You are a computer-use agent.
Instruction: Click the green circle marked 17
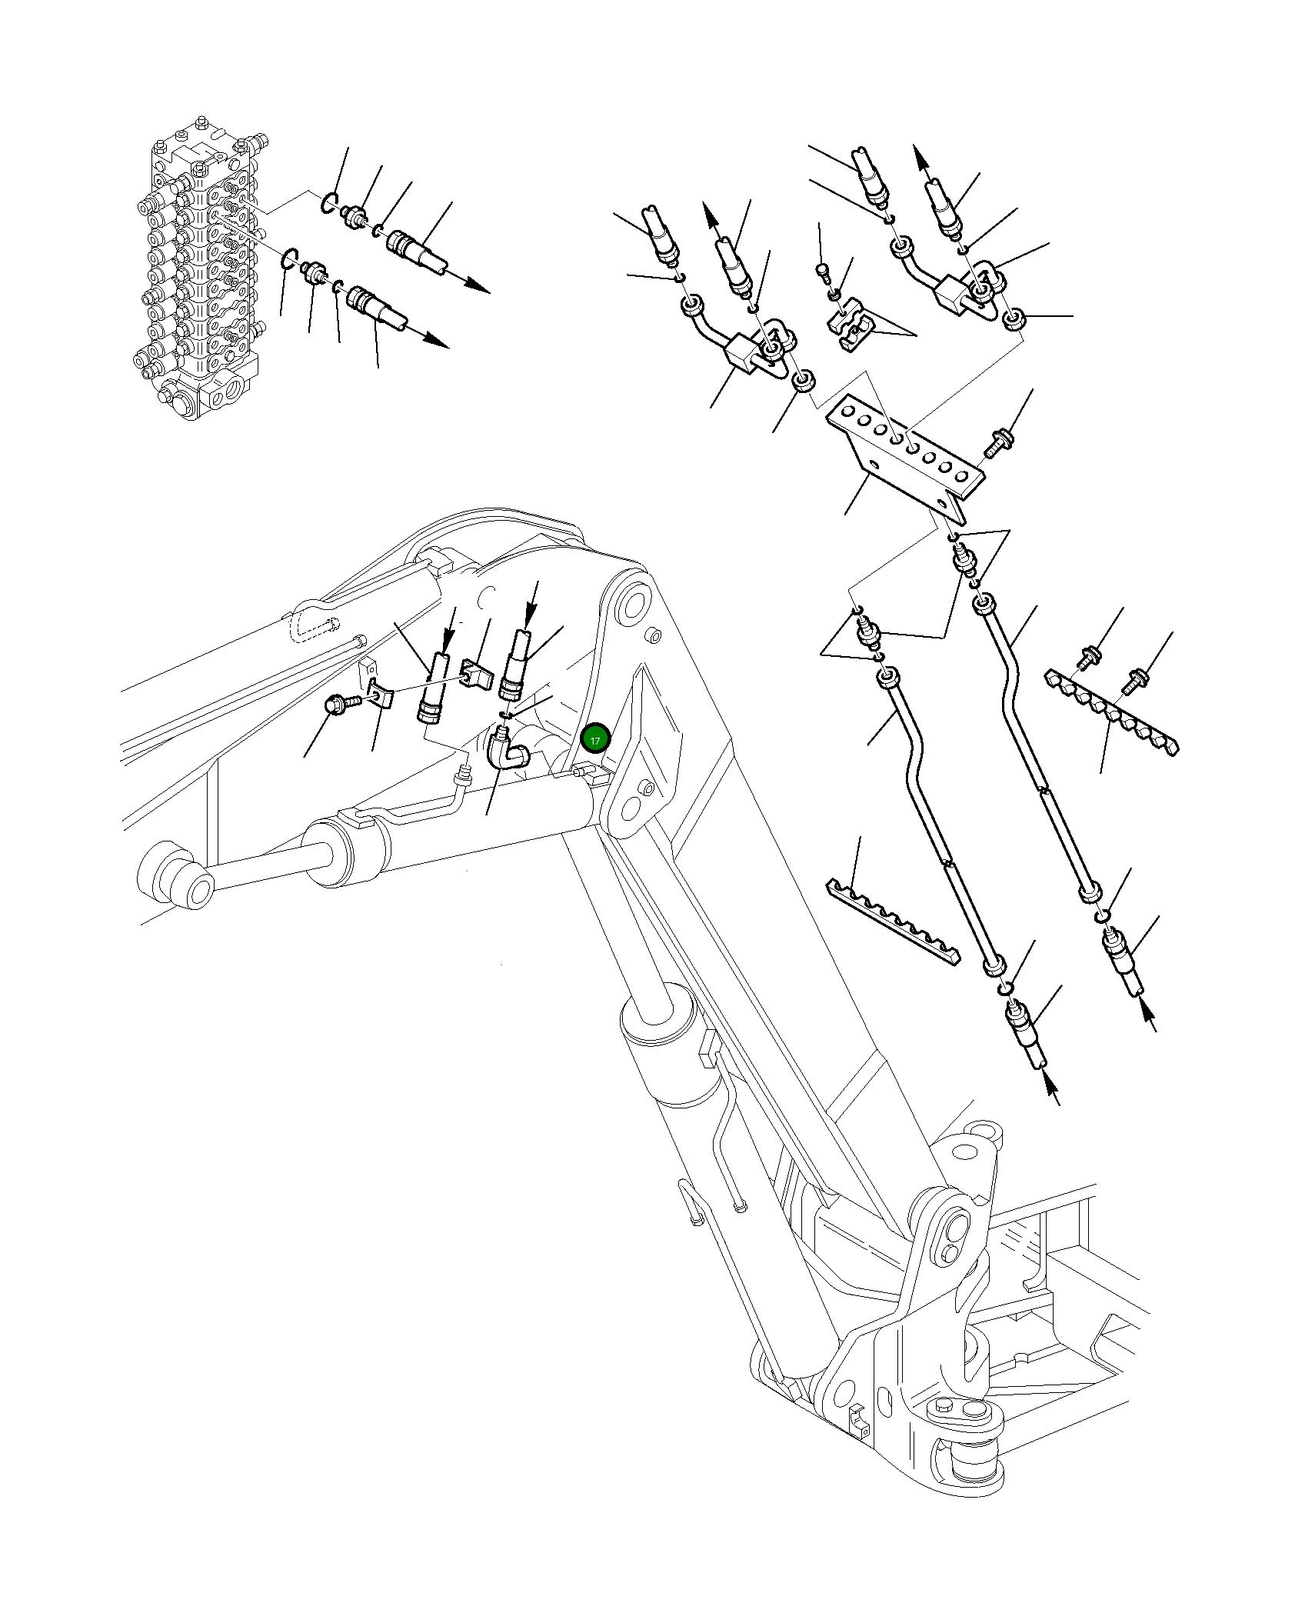[595, 739]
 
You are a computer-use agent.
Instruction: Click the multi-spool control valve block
[201, 269]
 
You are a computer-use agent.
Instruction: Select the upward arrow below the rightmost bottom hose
[1149, 1015]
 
